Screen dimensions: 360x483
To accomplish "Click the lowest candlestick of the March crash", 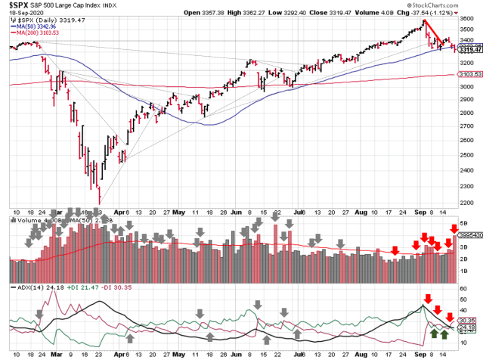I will point(99,198).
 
